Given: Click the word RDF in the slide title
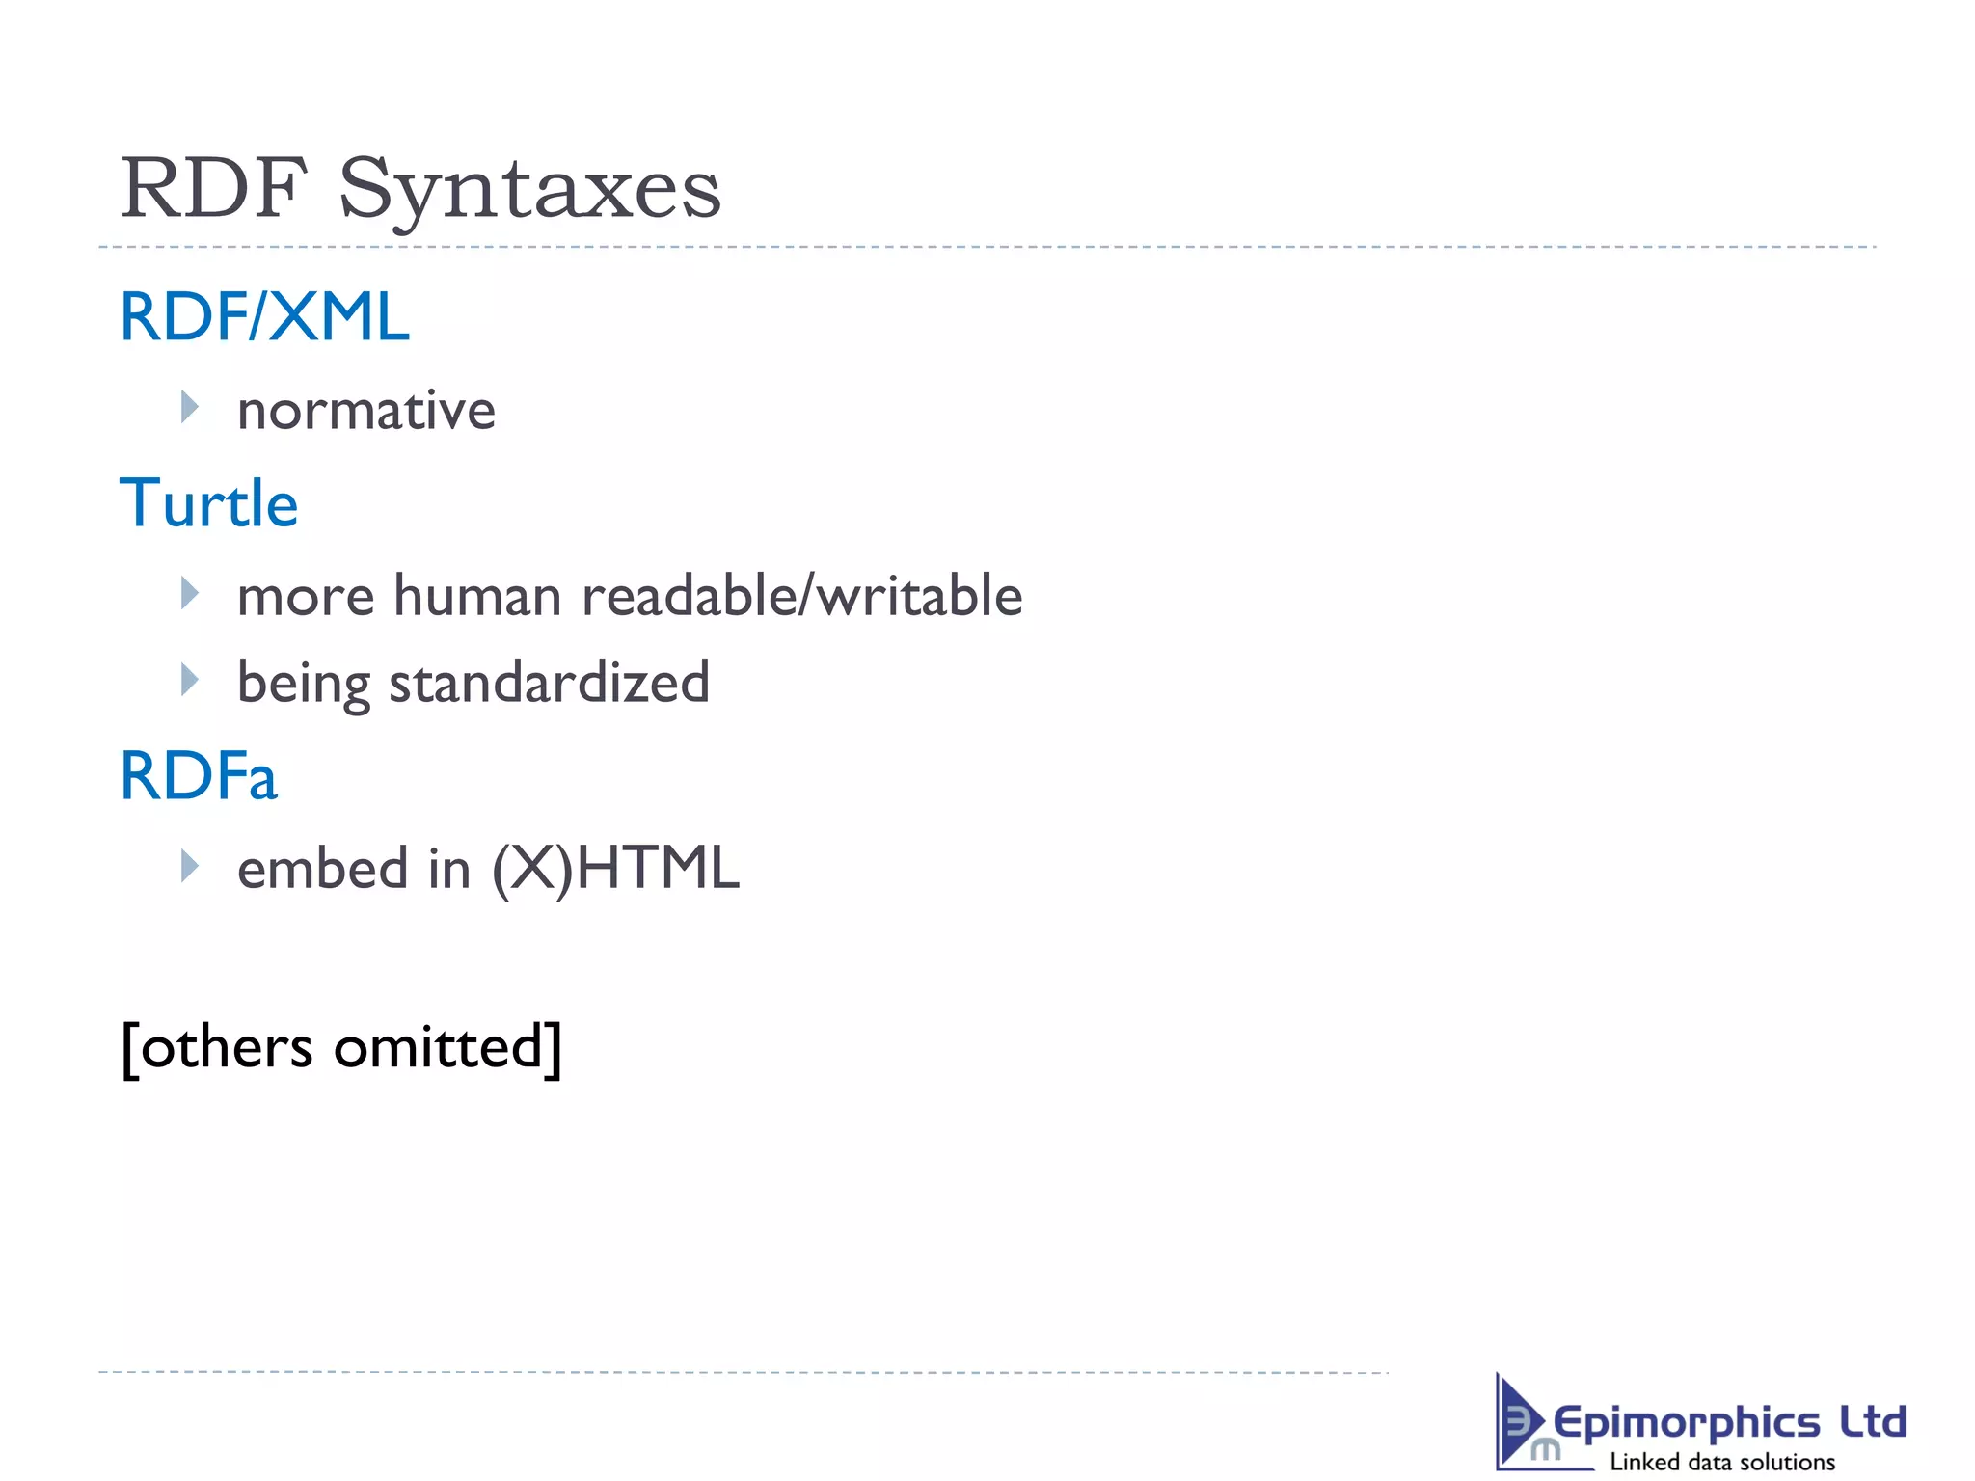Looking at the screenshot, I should coord(214,188).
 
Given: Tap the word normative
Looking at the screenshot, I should coord(366,411).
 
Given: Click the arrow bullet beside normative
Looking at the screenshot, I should coord(189,408).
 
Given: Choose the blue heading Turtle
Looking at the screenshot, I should coord(208,503).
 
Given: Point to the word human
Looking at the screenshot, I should coord(477,596).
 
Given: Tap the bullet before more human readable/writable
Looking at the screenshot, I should coord(189,593).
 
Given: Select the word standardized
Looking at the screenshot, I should coord(549,683).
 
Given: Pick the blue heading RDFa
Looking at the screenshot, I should coord(199,776).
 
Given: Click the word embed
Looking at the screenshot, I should coord(323,868).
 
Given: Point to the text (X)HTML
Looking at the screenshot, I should coord(615,868).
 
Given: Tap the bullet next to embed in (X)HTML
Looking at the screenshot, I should coord(189,866).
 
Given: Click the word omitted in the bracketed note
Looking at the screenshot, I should coord(446,1047).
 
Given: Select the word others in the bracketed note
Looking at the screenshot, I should coord(227,1047).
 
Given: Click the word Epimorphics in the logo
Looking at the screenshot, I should coord(1686,1423).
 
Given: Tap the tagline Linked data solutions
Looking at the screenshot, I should coord(1722,1462).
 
